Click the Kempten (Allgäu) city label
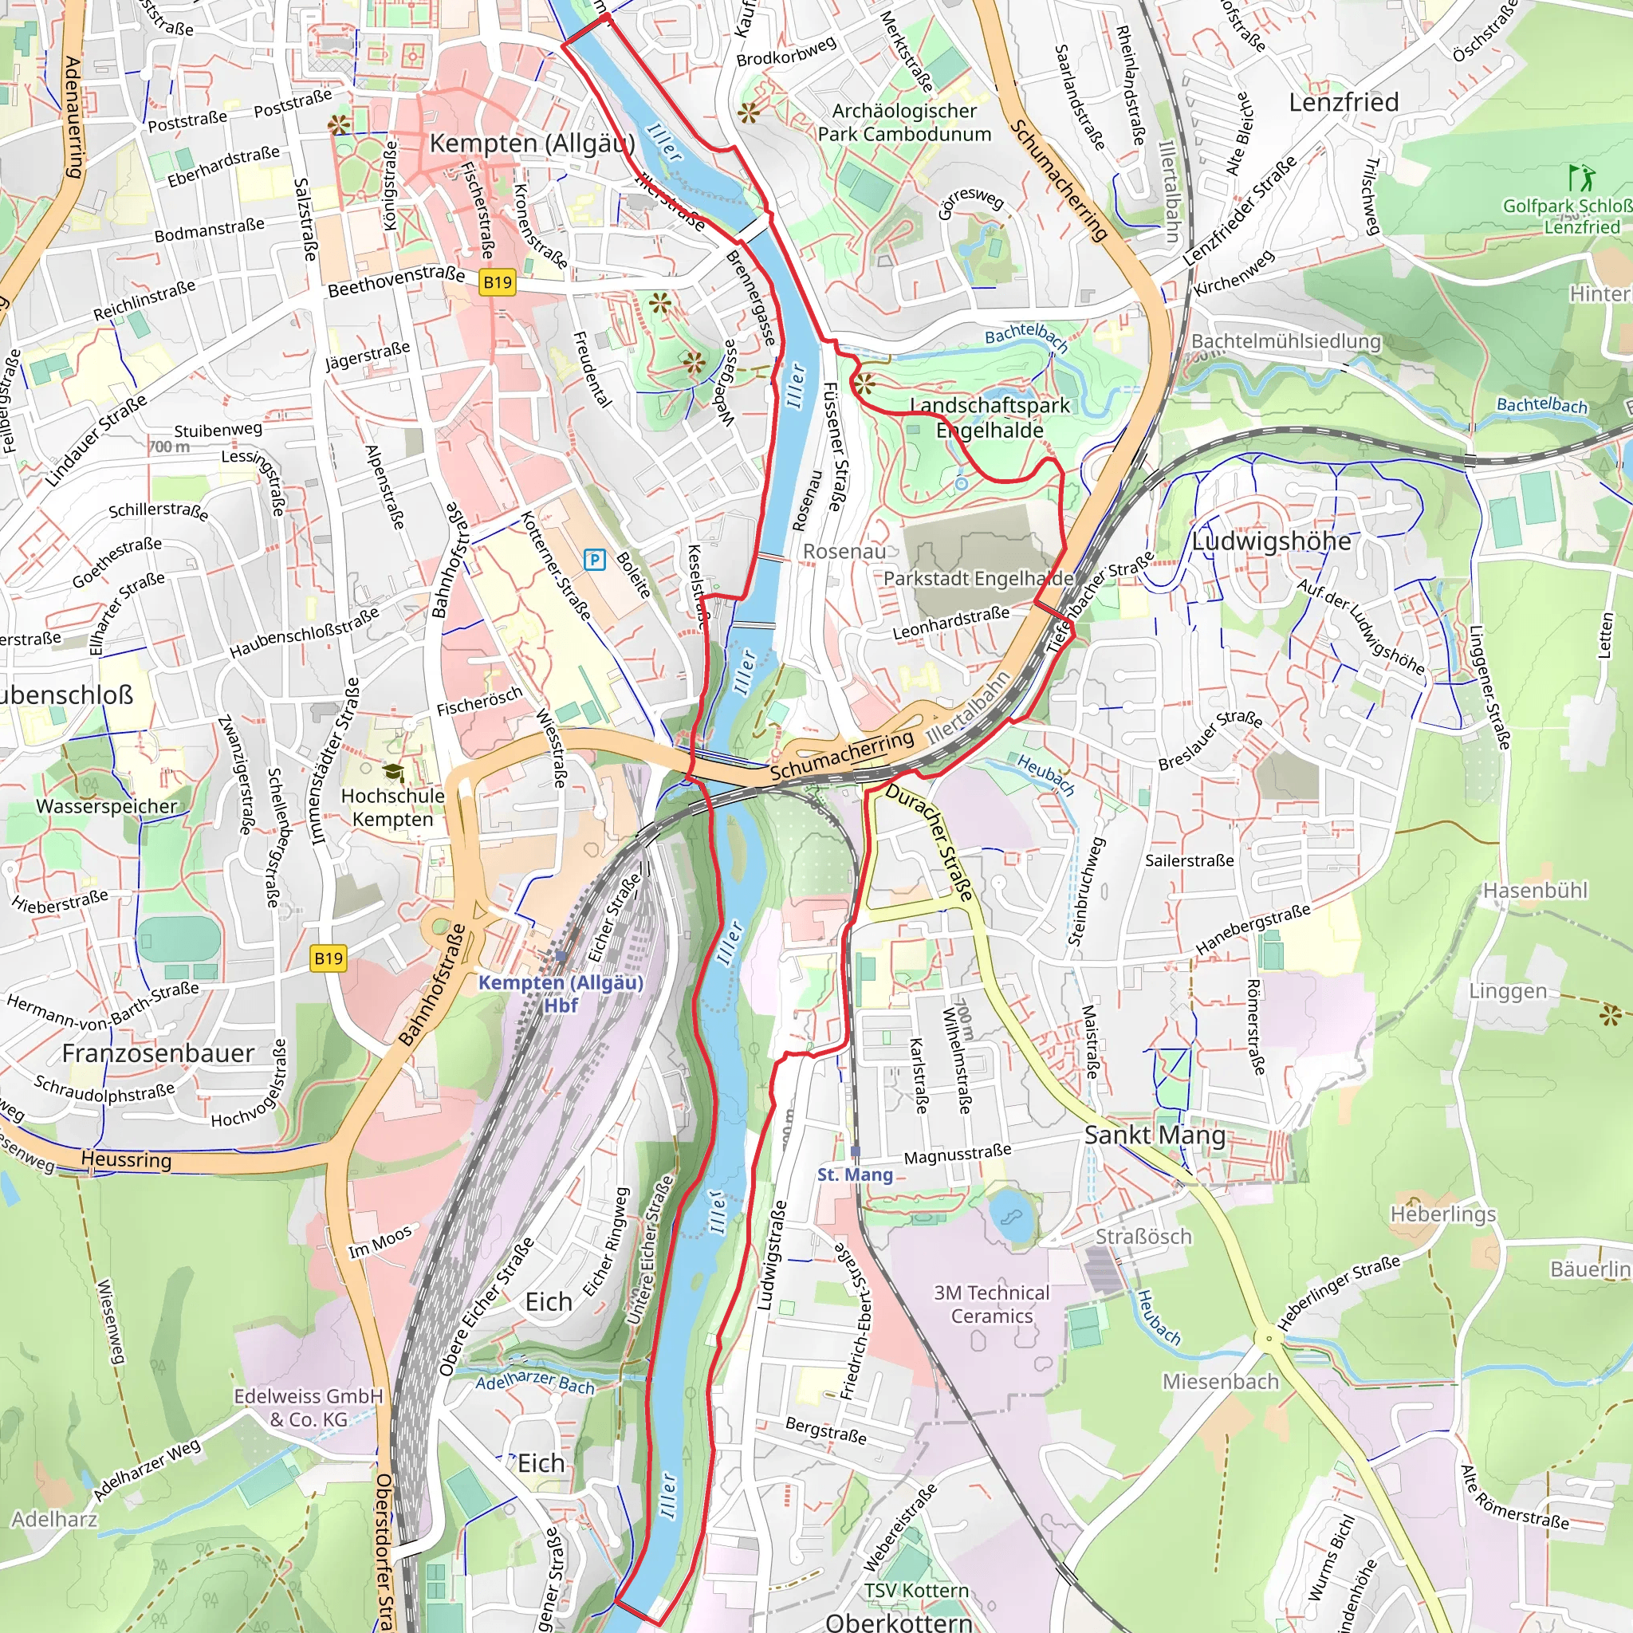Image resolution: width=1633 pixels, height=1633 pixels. (x=532, y=143)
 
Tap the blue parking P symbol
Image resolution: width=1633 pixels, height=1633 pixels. (x=595, y=559)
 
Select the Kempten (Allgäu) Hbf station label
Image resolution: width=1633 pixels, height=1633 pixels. (x=561, y=994)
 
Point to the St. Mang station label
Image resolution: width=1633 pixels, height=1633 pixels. (x=855, y=1175)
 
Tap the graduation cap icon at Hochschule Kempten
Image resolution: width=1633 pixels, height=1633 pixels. (x=393, y=773)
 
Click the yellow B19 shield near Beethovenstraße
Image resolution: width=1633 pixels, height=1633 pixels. (x=497, y=282)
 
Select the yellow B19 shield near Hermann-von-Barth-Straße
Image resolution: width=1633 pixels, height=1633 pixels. (x=328, y=958)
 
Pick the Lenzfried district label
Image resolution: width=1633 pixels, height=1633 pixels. (x=1343, y=102)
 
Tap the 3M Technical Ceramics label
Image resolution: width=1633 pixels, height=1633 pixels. (x=991, y=1304)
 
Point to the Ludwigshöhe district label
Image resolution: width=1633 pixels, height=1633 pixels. (x=1271, y=541)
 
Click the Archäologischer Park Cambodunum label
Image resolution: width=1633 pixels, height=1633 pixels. (x=903, y=123)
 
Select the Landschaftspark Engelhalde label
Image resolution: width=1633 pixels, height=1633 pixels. (x=990, y=418)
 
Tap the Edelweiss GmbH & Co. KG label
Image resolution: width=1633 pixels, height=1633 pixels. (x=309, y=1407)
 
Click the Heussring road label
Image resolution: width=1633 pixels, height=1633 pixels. (x=126, y=1159)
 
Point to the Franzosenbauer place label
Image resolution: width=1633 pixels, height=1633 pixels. (x=158, y=1053)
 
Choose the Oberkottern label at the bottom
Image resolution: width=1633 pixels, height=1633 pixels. (x=899, y=1621)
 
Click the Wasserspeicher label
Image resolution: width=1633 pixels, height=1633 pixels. (x=107, y=806)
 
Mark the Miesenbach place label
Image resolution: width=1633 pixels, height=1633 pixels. (x=1221, y=1381)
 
